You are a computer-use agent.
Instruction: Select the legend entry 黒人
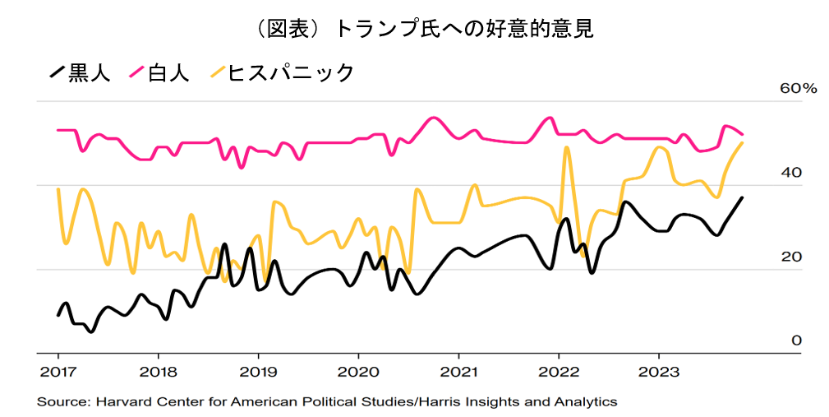pyautogui.click(x=89, y=72)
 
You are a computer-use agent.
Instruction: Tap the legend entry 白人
pyautogui.click(x=168, y=72)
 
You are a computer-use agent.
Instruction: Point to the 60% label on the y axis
pyautogui.click(x=798, y=89)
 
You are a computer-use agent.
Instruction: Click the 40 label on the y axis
pyautogui.click(x=790, y=173)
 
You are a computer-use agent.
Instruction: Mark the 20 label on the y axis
pyautogui.click(x=790, y=257)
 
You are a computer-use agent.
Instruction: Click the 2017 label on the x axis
pyautogui.click(x=58, y=372)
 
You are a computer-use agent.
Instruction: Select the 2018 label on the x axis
pyautogui.click(x=158, y=372)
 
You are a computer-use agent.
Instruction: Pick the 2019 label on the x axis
pyautogui.click(x=258, y=372)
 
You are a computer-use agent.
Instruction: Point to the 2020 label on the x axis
pyautogui.click(x=358, y=372)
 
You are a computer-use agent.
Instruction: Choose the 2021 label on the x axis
pyautogui.click(x=458, y=372)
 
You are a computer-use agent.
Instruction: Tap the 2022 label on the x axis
pyautogui.click(x=559, y=372)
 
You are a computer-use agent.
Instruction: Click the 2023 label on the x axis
pyautogui.click(x=659, y=372)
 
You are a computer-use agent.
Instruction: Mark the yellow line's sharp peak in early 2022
pyautogui.click(x=567, y=148)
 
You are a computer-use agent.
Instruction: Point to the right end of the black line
pyautogui.click(x=743, y=197)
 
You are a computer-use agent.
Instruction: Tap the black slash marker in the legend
pyautogui.click(x=56, y=72)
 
